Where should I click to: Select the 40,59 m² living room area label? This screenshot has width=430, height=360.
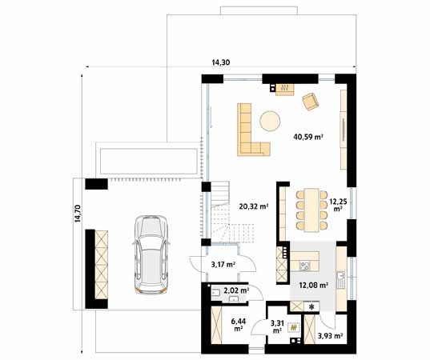308,137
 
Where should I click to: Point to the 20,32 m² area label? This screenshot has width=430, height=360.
253,206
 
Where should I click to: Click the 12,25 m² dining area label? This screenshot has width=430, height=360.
337,206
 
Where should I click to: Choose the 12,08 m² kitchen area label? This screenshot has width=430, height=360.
312,285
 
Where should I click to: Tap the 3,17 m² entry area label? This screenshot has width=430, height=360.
223,264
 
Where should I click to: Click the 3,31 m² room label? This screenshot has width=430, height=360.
276,326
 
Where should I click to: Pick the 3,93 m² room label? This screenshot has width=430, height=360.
329,336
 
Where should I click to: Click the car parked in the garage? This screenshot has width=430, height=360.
150,251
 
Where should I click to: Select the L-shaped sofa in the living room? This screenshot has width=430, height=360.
249,131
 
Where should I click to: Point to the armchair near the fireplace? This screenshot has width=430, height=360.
310,102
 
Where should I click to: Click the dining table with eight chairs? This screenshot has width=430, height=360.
308,208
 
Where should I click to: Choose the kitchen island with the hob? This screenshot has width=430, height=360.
305,261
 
